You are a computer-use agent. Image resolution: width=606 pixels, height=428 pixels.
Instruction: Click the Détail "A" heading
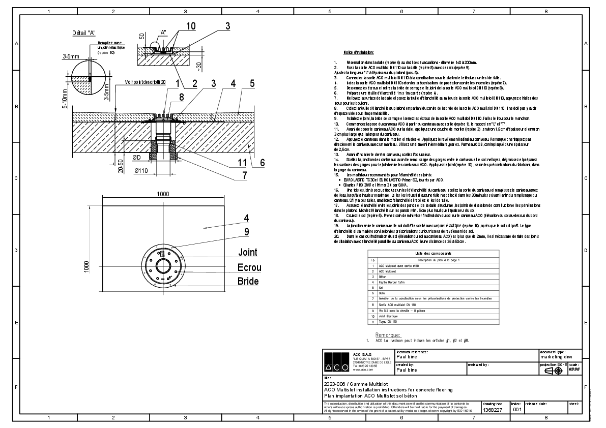84,33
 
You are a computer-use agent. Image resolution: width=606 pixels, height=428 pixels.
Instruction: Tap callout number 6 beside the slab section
263,163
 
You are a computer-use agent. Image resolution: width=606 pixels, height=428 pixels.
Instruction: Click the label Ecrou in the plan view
249,267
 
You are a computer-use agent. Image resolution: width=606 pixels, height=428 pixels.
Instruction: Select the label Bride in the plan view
248,281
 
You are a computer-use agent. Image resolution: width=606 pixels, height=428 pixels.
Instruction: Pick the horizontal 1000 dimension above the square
163,194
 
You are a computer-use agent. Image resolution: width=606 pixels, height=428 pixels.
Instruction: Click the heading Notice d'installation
359,52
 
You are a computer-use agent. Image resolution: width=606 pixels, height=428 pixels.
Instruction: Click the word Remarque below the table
388,335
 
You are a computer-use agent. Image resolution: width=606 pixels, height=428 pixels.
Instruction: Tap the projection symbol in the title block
553,371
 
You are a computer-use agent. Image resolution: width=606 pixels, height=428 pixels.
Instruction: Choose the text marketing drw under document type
558,357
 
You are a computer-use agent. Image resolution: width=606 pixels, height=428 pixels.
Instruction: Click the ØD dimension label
137,158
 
